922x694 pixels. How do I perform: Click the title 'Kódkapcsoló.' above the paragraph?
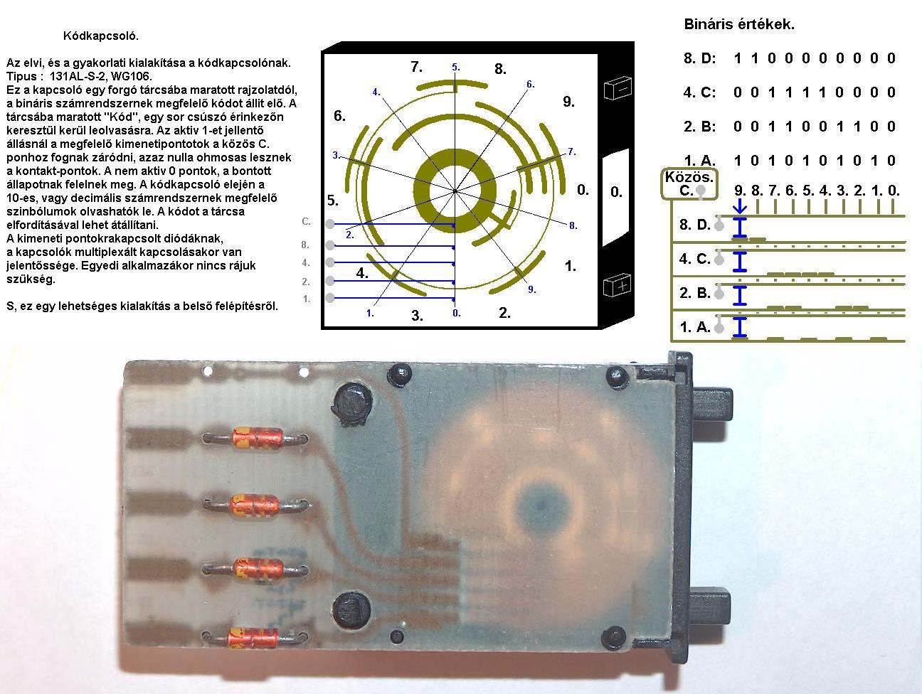pos(101,36)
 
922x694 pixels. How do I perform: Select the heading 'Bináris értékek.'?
pos(739,24)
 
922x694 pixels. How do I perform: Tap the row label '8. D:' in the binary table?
pos(700,58)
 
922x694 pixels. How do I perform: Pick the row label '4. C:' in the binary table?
pos(700,92)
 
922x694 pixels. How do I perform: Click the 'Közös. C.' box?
pos(689,184)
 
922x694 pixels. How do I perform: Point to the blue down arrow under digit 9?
pos(740,206)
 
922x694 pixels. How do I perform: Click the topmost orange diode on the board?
pos(257,437)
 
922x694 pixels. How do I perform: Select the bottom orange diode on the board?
pos(253,639)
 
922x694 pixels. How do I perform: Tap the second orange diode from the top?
pos(255,505)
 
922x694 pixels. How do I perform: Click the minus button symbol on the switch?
pos(617,87)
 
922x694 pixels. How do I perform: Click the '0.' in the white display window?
pos(616,192)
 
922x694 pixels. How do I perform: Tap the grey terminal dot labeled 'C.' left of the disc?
pos(330,224)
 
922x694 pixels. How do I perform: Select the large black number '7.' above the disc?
pos(416,67)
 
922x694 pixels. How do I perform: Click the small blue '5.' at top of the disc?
pos(456,67)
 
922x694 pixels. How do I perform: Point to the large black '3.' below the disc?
pos(417,315)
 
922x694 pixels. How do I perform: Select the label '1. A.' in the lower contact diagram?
pos(695,326)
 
